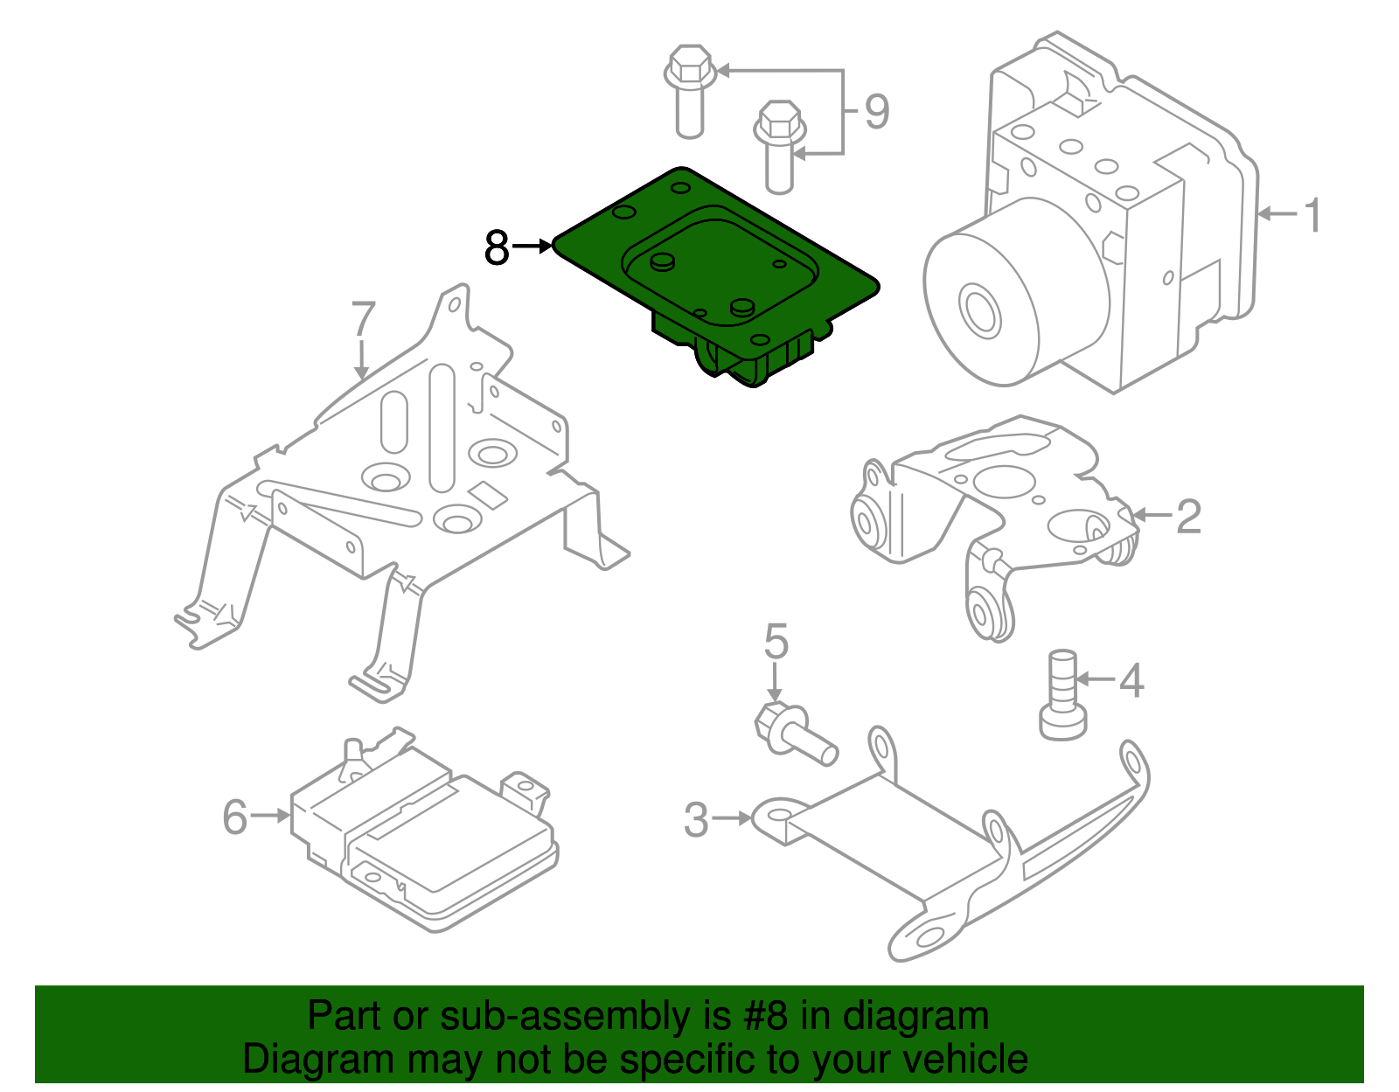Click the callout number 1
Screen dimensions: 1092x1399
tap(1312, 215)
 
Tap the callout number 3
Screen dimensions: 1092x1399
tap(696, 820)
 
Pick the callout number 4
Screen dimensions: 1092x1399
tap(1131, 680)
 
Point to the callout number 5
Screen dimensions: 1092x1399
tap(776, 642)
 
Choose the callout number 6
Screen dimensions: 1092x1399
tap(235, 817)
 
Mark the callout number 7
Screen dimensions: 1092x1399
tap(364, 320)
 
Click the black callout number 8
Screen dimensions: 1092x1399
tap(497, 247)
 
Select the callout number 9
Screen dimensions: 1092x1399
tap(876, 112)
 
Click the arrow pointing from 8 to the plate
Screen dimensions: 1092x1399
tap(532, 247)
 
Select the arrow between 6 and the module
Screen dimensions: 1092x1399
tap(270, 816)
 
